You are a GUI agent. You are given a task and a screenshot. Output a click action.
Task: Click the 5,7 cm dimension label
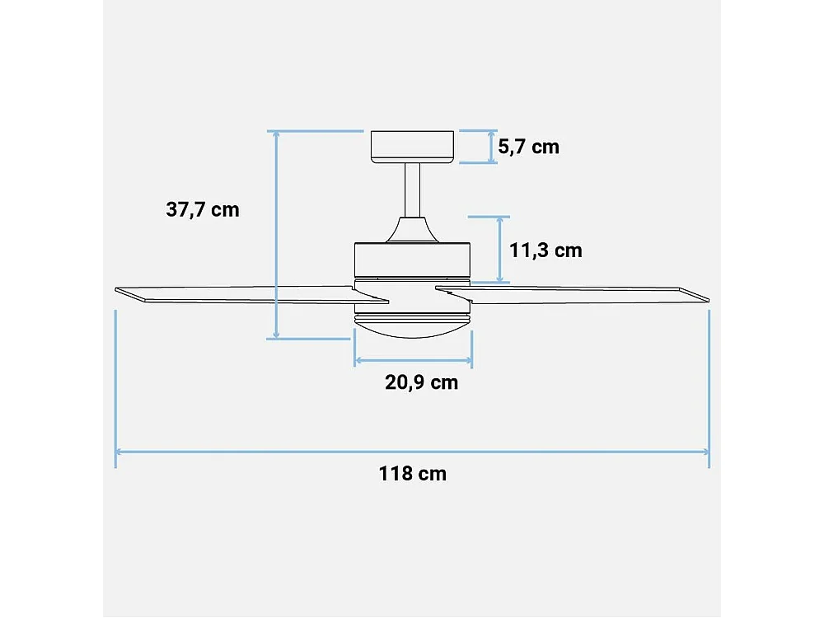pyautogui.click(x=528, y=147)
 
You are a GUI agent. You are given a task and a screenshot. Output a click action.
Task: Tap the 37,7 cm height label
pyautogui.click(x=203, y=209)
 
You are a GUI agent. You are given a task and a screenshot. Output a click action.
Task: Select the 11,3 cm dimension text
pyautogui.click(x=545, y=250)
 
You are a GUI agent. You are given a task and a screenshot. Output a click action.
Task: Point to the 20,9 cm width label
pyautogui.click(x=421, y=382)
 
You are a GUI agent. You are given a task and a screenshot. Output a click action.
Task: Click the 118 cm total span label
pyautogui.click(x=413, y=474)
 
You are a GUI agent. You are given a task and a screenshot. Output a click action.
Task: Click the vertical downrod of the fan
pyautogui.click(x=412, y=190)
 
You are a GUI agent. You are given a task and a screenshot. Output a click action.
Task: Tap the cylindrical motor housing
pyautogui.click(x=412, y=260)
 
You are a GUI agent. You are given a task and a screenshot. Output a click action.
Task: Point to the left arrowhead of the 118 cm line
pyautogui.click(x=119, y=452)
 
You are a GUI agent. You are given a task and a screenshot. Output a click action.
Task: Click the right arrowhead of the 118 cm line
pyautogui.click(x=705, y=452)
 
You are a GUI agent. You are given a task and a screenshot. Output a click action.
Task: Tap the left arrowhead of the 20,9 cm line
pyautogui.click(x=358, y=360)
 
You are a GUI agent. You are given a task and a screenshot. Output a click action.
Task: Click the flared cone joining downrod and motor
pyautogui.click(x=412, y=230)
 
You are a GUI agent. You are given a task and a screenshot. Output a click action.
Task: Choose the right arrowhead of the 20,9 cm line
pyautogui.click(x=469, y=360)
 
